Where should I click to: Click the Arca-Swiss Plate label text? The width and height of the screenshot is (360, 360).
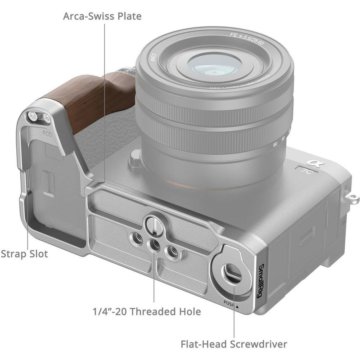pyautogui.click(x=102, y=17)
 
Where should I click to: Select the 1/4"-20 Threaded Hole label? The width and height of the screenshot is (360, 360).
pyautogui.click(x=147, y=311)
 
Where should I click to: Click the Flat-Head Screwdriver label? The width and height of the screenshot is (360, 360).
pyautogui.click(x=234, y=344)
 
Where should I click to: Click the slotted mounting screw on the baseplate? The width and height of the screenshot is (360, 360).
pyautogui.click(x=153, y=224)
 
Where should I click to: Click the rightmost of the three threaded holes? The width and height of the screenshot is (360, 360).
pyautogui.click(x=171, y=252)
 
